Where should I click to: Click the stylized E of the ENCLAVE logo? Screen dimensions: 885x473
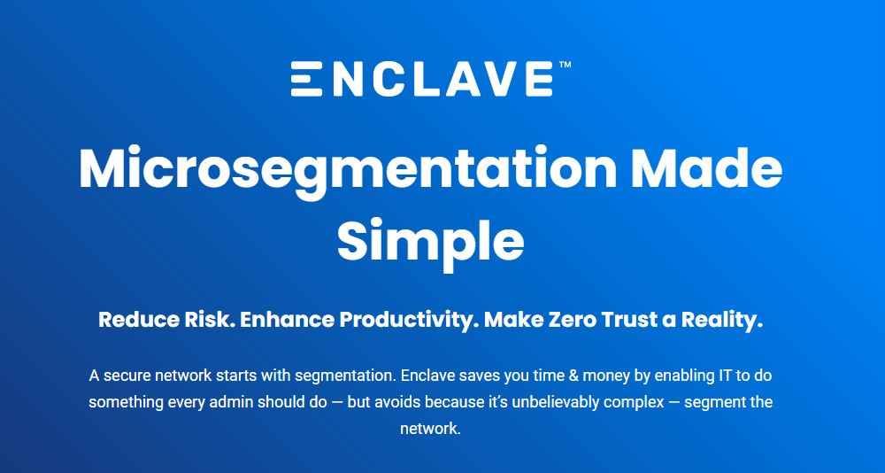[306, 79]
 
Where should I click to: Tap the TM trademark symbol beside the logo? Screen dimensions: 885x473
[565, 65]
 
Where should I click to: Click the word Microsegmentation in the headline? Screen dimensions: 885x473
[348, 169]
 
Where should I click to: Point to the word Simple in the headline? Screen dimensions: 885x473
[431, 241]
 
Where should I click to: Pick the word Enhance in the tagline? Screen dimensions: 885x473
[287, 320]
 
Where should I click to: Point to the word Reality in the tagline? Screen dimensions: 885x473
[722, 321]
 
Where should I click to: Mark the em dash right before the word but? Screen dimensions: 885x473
[337, 403]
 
